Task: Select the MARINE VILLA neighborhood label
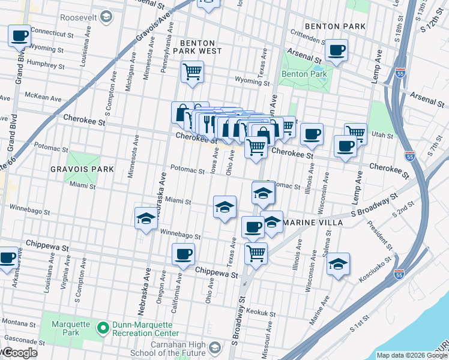point(312,223)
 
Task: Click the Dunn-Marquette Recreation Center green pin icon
point(103,328)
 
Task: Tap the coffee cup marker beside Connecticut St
point(19,35)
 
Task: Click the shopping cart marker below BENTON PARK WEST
point(192,72)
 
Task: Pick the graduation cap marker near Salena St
point(338,264)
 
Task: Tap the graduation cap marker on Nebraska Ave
point(145,219)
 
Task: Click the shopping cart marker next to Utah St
point(355,132)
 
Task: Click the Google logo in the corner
point(19,353)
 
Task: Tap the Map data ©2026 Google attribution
point(411,355)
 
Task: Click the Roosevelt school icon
point(106,16)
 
